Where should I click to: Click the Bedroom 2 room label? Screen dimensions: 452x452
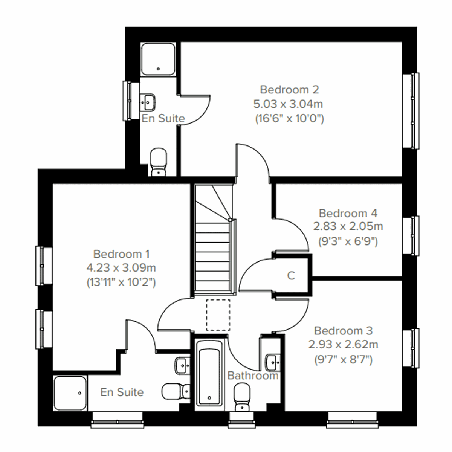(x=289, y=90)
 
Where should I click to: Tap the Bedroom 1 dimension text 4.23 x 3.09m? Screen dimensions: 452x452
(x=121, y=268)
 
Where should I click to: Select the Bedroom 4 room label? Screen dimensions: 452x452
(x=348, y=213)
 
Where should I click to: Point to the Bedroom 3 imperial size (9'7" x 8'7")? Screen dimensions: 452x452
(x=343, y=360)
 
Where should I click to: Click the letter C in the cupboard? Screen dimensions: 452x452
(x=291, y=276)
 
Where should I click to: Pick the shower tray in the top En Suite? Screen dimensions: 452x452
(x=158, y=58)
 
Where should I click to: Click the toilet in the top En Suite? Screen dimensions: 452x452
(x=159, y=162)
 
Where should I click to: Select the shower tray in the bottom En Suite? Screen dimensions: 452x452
(x=70, y=393)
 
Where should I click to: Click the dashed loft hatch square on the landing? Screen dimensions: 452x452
(x=218, y=315)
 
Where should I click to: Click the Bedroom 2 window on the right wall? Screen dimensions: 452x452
(x=411, y=111)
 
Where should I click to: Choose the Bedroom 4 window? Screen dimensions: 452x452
(x=411, y=235)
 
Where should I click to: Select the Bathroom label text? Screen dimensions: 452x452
(x=253, y=376)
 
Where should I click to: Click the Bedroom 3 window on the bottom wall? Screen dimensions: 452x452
(x=352, y=419)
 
